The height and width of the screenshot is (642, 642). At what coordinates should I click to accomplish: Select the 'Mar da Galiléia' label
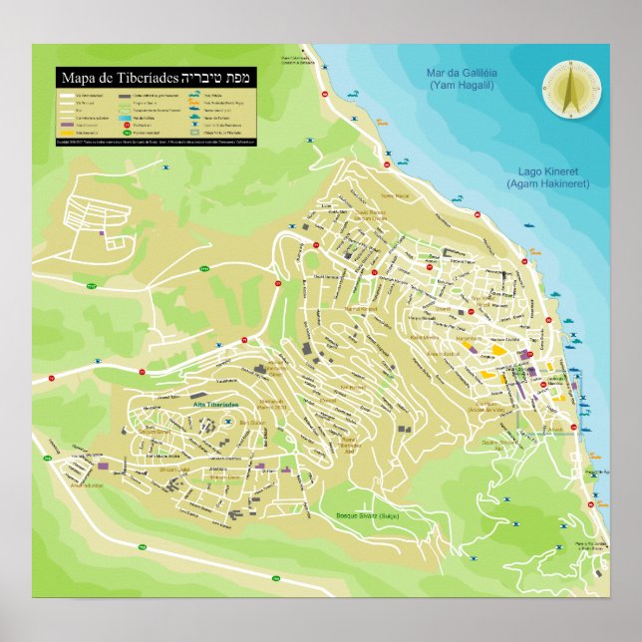[x=461, y=74]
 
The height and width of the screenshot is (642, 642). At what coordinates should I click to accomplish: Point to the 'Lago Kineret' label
[x=547, y=172]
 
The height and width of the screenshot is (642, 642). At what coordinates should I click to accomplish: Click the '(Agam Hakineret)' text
[x=547, y=184]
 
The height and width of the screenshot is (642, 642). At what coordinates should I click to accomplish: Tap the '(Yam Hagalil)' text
[x=461, y=86]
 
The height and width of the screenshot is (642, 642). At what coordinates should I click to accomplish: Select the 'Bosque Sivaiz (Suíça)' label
[x=372, y=516]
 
